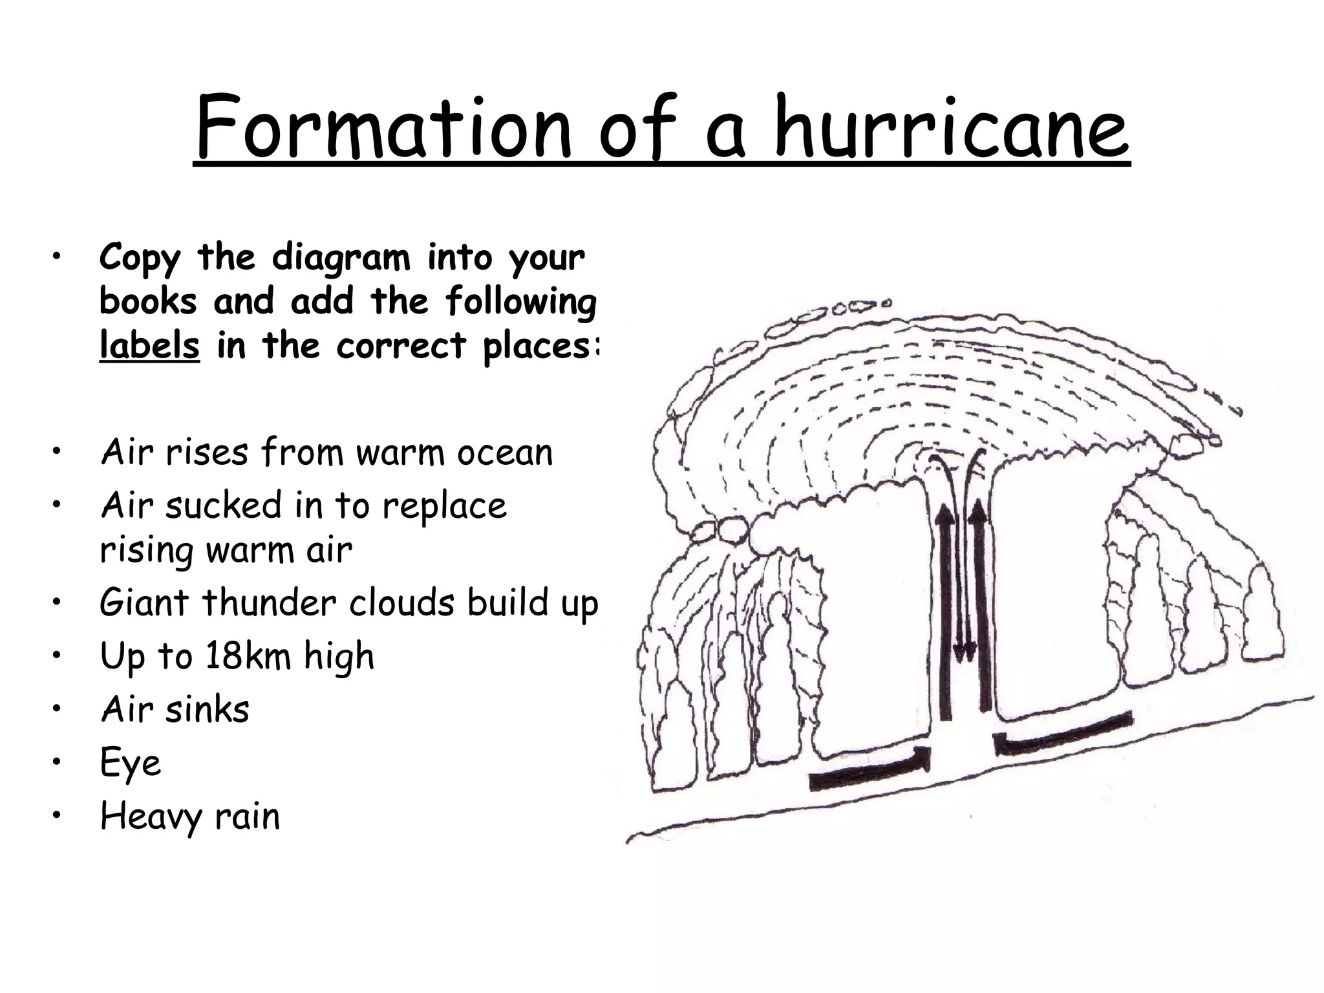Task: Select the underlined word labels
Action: click(149, 345)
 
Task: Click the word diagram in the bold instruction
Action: click(341, 258)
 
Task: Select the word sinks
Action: click(207, 709)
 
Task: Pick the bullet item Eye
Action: click(131, 763)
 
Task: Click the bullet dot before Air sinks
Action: click(58, 709)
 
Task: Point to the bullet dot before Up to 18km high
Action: click(58, 656)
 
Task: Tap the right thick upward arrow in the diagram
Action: click(983, 608)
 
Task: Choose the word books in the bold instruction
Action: click(148, 302)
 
